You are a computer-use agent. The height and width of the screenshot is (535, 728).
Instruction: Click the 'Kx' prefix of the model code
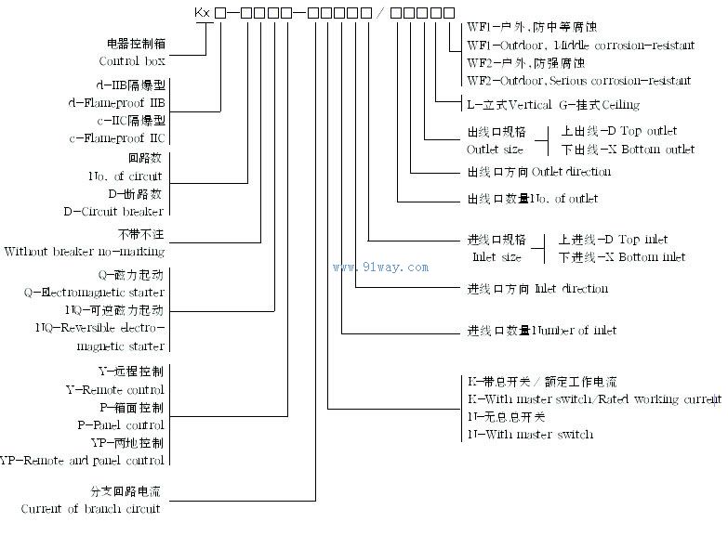[202, 14]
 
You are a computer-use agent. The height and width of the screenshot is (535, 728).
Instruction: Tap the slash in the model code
[379, 14]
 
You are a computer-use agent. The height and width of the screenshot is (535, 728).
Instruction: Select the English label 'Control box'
[131, 61]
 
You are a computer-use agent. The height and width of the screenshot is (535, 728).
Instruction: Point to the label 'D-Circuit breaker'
[113, 211]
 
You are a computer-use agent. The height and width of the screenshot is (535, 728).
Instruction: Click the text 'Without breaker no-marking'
[85, 251]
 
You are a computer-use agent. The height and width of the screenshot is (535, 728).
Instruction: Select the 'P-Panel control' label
[118, 424]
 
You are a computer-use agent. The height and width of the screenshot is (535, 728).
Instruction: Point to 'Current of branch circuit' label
[91, 509]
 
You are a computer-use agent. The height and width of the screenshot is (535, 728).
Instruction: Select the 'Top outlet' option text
[644, 131]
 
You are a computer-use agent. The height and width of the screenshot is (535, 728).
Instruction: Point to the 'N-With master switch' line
[530, 434]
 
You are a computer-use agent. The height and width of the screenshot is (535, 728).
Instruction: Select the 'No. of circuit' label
[126, 176]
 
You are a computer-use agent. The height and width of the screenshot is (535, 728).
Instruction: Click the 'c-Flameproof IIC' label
[117, 137]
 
